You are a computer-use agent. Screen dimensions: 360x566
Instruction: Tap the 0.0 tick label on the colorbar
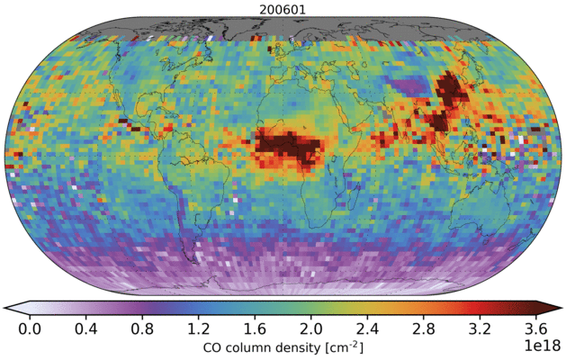29,328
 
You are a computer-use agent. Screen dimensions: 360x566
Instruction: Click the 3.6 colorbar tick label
536,328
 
